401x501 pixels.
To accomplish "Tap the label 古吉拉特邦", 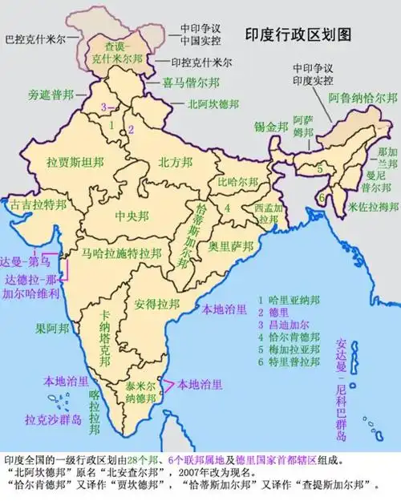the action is [39, 205].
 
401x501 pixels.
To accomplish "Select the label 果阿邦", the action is [51, 328].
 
